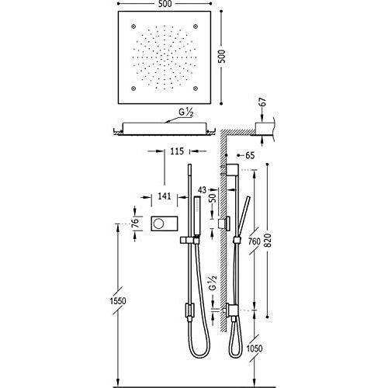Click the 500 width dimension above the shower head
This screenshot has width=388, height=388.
(164, 4)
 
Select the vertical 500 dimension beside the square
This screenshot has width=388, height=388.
(222, 57)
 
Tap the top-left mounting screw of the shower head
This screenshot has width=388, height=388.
(133, 26)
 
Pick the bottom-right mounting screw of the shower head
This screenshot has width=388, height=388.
(196, 88)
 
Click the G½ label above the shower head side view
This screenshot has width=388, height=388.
(186, 113)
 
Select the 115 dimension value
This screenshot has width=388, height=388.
(177, 151)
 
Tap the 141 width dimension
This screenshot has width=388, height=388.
(165, 196)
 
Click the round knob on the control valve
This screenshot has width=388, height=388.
(158, 223)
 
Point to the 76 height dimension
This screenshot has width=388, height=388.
(135, 223)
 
